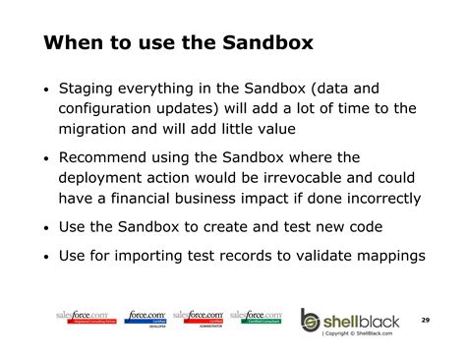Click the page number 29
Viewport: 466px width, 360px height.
tap(426, 320)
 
